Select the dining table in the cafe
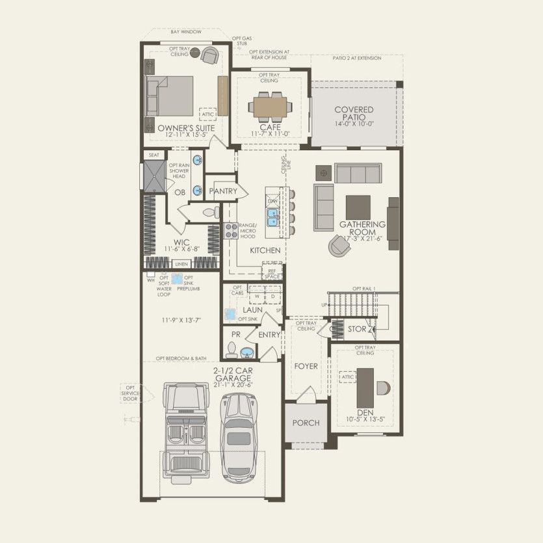269,105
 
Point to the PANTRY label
222,191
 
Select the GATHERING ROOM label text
362,228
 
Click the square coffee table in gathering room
358,207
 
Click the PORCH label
306,423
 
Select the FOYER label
306,366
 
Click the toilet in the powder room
231,350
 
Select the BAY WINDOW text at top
186,31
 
